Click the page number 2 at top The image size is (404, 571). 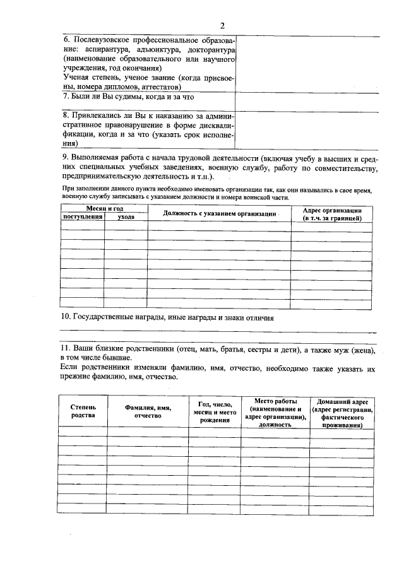pos(222,25)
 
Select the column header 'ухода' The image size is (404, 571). pos(126,216)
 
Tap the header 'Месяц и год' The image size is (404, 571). pos(104,208)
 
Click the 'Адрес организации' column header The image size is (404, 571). pos(332,213)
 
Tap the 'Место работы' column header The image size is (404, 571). pos(275,413)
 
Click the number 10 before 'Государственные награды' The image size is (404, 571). pos(64,318)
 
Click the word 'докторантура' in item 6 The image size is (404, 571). pos(211,49)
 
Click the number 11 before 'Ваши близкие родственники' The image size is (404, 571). pos(64,348)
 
